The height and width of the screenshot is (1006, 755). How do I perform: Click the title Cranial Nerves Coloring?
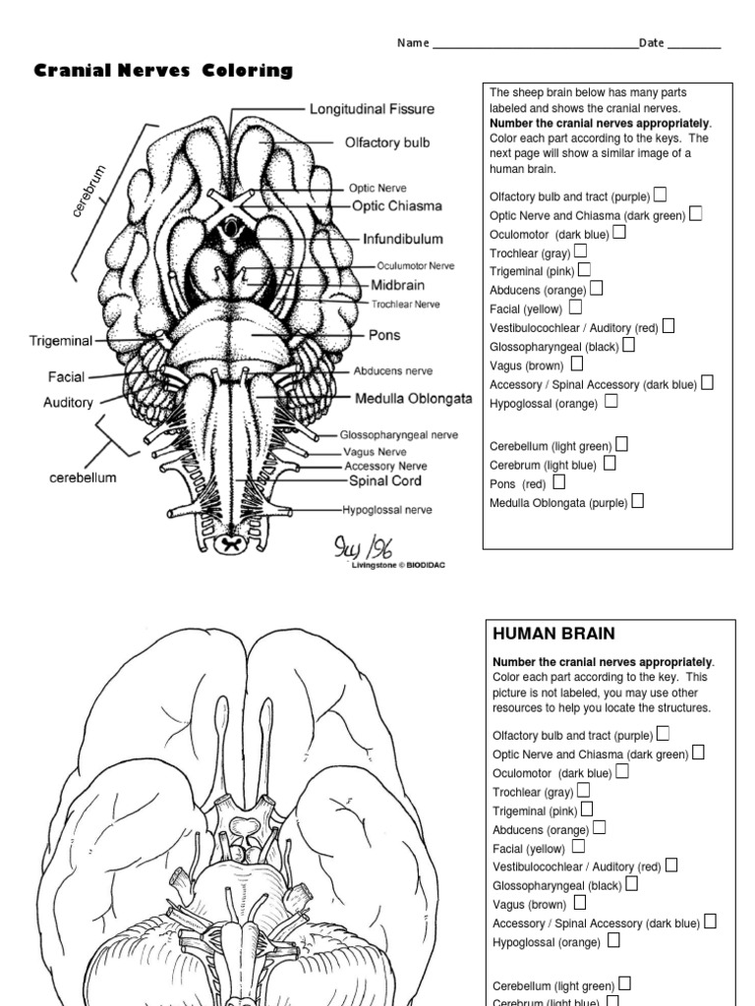pyautogui.click(x=163, y=71)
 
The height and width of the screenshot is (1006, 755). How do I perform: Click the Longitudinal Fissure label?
pyautogui.click(x=372, y=109)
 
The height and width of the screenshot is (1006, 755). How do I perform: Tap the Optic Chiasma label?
pyautogui.click(x=397, y=206)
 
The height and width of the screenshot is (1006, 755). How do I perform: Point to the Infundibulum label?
pyautogui.click(x=402, y=239)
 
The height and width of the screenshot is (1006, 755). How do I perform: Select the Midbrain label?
pyautogui.click(x=397, y=285)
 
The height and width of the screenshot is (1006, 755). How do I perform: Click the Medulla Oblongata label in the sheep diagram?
pyautogui.click(x=413, y=399)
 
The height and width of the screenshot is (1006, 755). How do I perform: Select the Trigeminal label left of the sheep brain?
pyautogui.click(x=61, y=341)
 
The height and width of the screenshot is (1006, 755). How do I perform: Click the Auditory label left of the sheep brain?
pyautogui.click(x=68, y=403)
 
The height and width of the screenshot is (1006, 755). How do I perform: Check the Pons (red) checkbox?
pyautogui.click(x=559, y=482)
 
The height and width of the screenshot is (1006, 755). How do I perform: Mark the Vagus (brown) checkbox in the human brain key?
pyautogui.click(x=579, y=902)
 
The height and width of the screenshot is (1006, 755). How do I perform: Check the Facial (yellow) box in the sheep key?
pyautogui.click(x=575, y=307)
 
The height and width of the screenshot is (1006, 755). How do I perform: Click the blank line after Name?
pyautogui.click(x=535, y=44)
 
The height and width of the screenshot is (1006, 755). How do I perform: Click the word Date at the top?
pyautogui.click(x=652, y=43)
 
